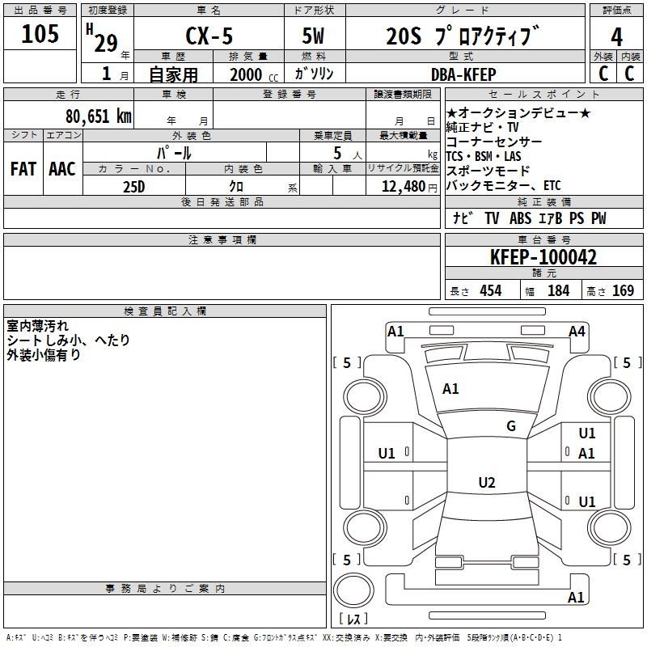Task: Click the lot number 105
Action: (x=40, y=34)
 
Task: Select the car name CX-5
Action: (x=209, y=36)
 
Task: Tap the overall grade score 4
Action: (x=616, y=37)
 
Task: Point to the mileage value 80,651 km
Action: (x=99, y=116)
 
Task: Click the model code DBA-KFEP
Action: (x=463, y=74)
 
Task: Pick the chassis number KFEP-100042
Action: (x=543, y=256)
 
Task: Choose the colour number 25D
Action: (x=134, y=187)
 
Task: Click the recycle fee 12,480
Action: (x=404, y=186)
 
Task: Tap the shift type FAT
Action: (x=23, y=169)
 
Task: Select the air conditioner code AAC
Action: (x=62, y=169)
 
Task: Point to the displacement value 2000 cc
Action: (x=254, y=74)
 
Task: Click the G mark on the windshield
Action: (x=511, y=425)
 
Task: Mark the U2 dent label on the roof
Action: (x=487, y=482)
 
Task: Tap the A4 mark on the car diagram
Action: (x=577, y=332)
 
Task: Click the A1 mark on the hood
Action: (x=450, y=389)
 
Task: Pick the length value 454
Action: (x=491, y=290)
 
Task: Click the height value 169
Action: (x=623, y=290)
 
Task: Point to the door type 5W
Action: (x=313, y=36)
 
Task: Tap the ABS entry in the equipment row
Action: (x=520, y=218)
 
